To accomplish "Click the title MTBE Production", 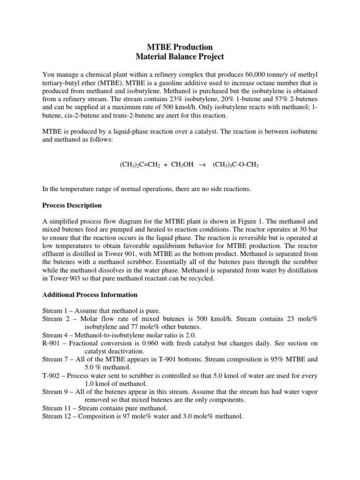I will [x=180, y=47].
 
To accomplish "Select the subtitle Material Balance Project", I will [x=180, y=57].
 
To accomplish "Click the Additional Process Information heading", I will [x=90, y=295].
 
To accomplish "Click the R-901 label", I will [x=53, y=344].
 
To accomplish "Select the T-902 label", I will [x=52, y=376].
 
